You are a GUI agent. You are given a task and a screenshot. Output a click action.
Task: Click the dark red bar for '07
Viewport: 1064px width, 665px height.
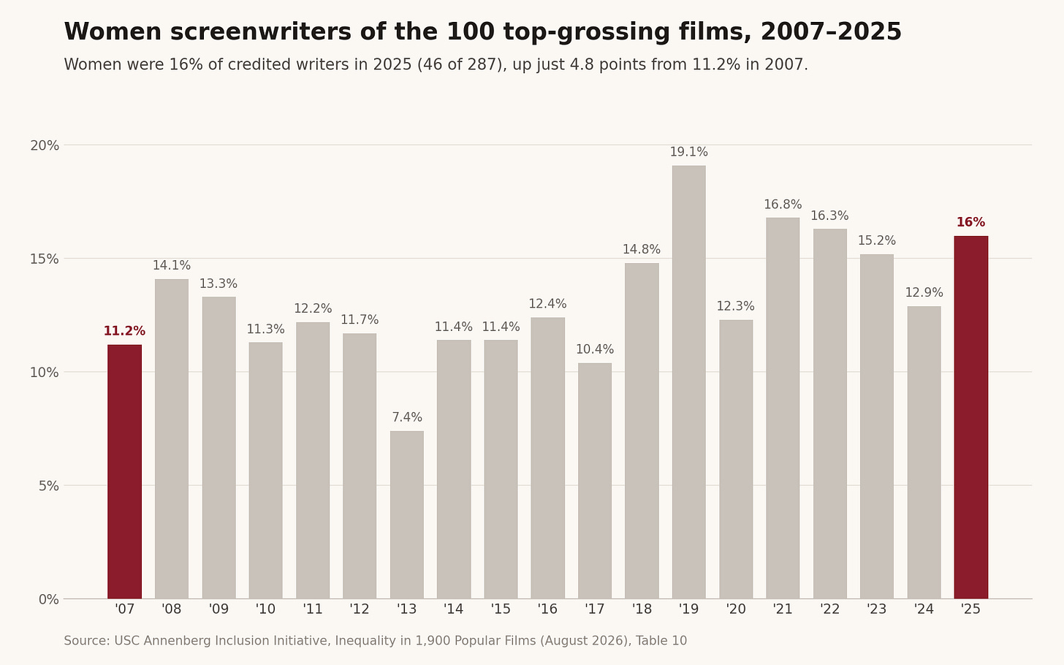tap(124, 471)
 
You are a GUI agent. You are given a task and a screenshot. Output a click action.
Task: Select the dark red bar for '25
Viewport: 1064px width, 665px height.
tap(971, 417)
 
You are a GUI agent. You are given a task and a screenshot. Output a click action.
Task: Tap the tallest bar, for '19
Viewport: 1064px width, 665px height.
tap(688, 382)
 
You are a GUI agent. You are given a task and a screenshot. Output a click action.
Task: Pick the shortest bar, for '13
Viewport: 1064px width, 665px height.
tap(406, 515)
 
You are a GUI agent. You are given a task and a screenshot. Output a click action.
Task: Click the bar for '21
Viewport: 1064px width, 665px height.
tap(783, 408)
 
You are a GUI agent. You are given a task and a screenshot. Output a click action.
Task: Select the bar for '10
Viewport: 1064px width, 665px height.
tap(265, 471)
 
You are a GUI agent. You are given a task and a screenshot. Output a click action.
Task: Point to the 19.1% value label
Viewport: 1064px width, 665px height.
tap(688, 152)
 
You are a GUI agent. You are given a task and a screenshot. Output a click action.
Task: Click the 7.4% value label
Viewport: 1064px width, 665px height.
tap(406, 417)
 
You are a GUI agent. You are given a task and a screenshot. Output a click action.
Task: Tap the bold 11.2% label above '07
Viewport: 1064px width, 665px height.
tap(124, 331)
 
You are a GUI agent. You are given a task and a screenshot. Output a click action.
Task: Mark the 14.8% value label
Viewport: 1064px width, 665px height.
tap(642, 249)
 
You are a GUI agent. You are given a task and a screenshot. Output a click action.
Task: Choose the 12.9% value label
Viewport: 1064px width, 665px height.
tap(924, 292)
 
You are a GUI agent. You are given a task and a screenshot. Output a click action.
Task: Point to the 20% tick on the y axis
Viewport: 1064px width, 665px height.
tap(45, 145)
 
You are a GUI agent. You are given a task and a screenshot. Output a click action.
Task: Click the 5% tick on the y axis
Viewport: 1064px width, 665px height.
tap(49, 486)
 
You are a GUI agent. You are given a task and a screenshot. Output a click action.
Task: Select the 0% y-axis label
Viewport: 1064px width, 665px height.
tap(49, 599)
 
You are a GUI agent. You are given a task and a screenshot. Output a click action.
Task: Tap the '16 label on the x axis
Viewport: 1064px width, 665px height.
tap(547, 609)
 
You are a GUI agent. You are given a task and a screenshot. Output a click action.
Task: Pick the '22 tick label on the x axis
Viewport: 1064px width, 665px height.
tap(830, 609)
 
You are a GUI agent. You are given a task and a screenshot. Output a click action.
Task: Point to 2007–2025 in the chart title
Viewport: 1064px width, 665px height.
tap(831, 32)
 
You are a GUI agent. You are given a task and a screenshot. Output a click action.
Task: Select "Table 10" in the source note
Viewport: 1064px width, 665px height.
tap(661, 641)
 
